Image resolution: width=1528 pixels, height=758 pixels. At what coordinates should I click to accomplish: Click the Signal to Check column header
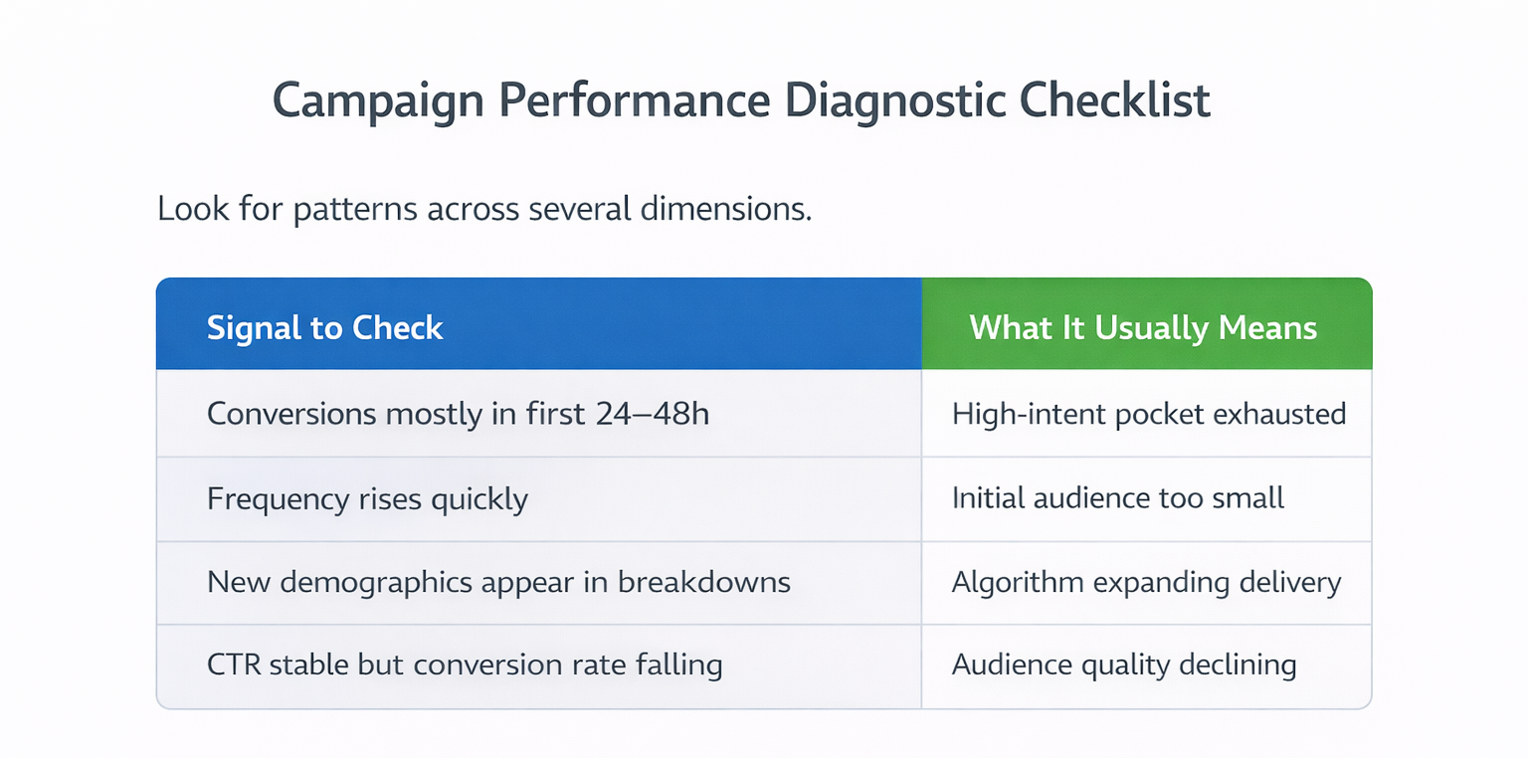[325, 328]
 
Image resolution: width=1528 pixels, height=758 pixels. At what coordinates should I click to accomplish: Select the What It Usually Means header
[1143, 328]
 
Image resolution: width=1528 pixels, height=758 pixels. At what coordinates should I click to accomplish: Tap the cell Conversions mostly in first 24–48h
[458, 414]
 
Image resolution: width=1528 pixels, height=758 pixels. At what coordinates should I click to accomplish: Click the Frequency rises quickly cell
[367, 498]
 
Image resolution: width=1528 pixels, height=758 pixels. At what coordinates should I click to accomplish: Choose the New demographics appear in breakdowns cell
[498, 582]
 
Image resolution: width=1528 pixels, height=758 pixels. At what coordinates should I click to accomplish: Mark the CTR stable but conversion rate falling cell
[464, 664]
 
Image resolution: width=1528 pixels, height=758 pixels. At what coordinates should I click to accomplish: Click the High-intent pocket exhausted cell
[1148, 414]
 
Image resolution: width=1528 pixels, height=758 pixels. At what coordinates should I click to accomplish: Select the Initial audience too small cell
[1118, 497]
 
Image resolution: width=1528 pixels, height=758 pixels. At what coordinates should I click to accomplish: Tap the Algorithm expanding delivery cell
[1146, 582]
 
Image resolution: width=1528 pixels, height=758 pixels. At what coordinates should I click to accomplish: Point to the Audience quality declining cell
[1124, 664]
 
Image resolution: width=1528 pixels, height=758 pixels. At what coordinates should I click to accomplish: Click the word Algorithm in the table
[1012, 582]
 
